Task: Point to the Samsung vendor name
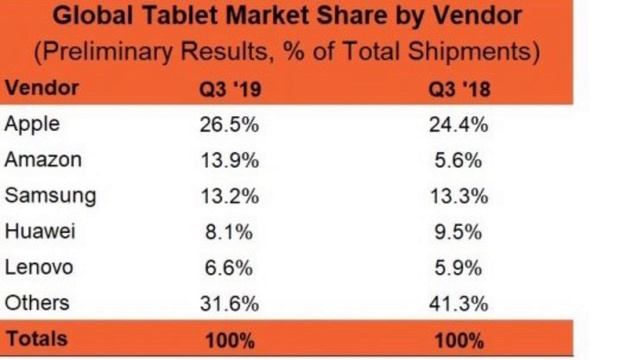[50, 196]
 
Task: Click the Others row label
[37, 302]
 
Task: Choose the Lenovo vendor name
[41, 267]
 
